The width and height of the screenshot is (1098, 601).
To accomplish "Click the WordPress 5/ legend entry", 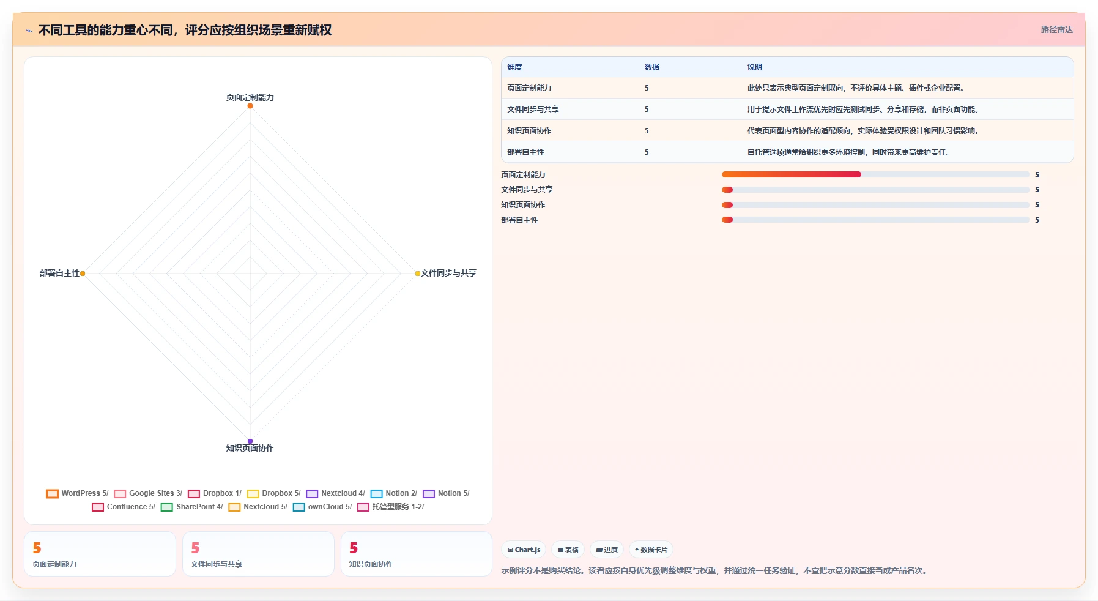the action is coord(77,493).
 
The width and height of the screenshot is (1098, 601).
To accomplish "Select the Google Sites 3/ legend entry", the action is coord(148,493).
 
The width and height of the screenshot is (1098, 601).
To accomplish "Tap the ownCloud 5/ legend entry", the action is coord(322,507).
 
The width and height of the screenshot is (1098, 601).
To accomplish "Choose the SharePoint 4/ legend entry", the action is coord(192,507).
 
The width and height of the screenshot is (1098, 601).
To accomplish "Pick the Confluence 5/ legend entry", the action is coord(124,507).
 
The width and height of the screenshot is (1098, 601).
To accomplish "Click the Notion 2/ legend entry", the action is coord(394,493).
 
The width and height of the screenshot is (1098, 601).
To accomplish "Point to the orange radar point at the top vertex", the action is coord(250,106).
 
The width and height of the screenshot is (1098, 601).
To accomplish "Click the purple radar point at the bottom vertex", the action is coord(250,441).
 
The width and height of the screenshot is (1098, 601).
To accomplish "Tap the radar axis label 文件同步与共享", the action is coord(448,273).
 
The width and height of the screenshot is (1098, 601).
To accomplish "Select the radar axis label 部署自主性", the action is coord(59,273).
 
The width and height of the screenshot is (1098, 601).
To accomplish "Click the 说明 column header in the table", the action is coord(755,67).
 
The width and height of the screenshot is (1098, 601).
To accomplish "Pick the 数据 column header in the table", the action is coord(652,67).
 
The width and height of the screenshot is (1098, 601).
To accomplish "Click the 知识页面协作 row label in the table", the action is coord(529,131).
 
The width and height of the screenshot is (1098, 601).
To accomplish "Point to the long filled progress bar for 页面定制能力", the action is coord(792,174).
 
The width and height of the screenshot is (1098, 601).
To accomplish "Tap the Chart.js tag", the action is coord(524,550).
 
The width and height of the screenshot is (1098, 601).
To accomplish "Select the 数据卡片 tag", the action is coord(651,550).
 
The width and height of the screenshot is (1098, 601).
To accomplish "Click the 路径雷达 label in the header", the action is coord(1057,29).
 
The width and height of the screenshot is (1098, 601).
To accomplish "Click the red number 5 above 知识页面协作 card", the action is coord(354,548).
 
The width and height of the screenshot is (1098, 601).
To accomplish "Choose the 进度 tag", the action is coord(607,550).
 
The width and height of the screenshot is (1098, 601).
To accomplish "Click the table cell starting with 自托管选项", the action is coord(848,152).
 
